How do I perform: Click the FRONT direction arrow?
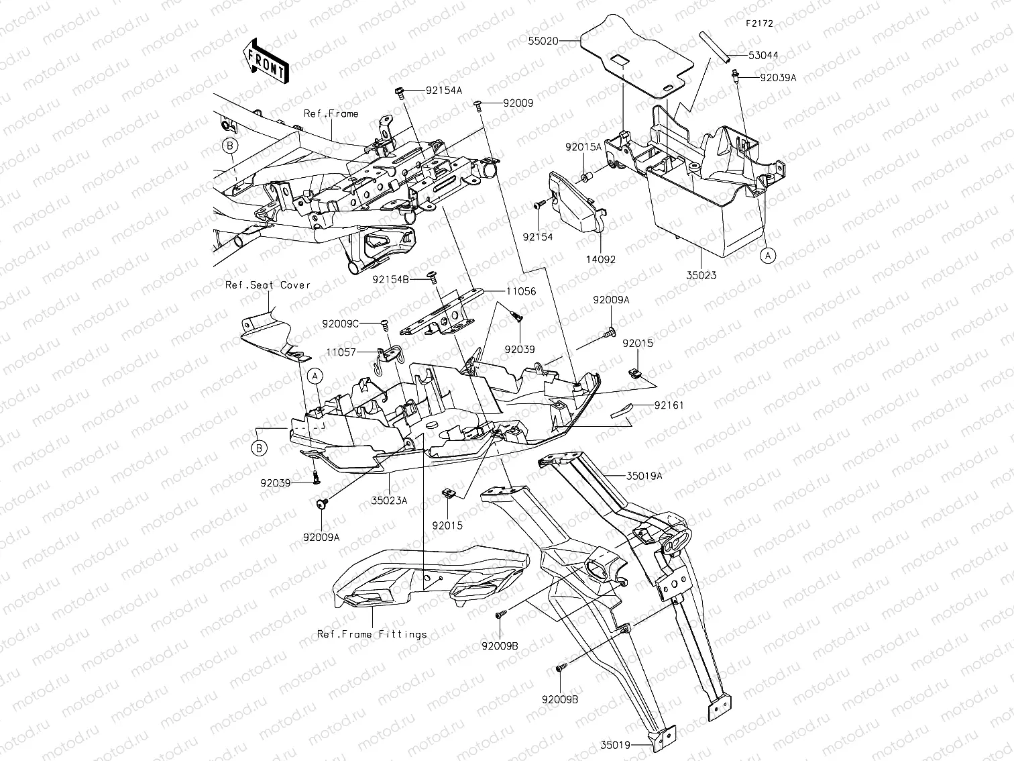(266, 62)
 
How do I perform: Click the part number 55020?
(543, 41)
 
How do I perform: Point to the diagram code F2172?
(759, 23)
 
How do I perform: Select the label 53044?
(763, 56)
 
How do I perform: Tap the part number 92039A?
(779, 78)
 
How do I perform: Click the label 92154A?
(444, 91)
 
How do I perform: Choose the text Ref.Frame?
(331, 113)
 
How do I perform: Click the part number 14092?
(600, 260)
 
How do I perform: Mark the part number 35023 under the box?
(701, 275)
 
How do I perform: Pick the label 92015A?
(583, 147)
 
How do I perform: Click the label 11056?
(521, 291)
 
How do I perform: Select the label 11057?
(341, 352)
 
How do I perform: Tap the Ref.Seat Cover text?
(268, 285)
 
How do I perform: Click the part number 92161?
(669, 405)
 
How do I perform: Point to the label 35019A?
(644, 475)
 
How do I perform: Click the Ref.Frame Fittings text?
(372, 634)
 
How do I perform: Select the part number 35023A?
(390, 501)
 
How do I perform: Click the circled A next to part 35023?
(769, 256)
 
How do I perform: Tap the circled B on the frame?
(230, 146)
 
